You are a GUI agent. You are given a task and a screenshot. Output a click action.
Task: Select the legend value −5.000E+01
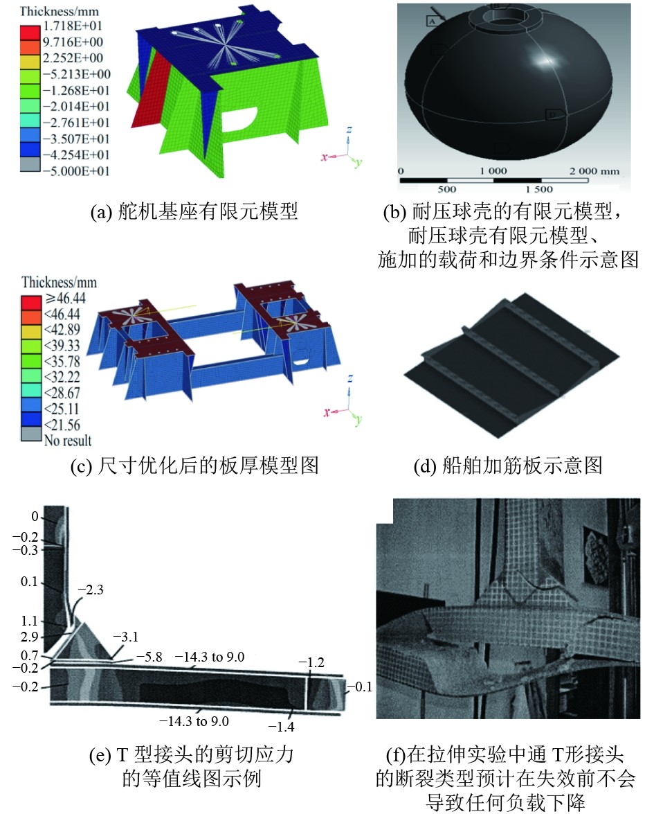[x=76, y=171]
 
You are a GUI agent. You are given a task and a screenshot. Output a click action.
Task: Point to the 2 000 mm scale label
[x=594, y=171]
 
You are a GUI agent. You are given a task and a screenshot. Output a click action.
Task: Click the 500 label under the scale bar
[x=446, y=190]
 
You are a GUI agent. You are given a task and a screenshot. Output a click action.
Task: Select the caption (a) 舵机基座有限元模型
[x=194, y=211]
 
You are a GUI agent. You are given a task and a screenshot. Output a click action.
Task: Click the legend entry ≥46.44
[x=65, y=298]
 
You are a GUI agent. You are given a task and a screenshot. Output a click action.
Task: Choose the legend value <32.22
[x=62, y=377]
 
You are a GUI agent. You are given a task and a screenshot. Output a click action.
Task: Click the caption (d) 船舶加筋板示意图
[x=508, y=465]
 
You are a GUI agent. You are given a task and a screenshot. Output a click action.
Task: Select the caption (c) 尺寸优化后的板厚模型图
[x=194, y=465]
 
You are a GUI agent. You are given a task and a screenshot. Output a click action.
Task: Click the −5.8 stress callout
[x=149, y=657]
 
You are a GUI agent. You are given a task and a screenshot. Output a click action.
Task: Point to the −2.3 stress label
[x=91, y=590]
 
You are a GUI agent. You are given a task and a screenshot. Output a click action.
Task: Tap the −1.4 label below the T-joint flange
[x=282, y=727]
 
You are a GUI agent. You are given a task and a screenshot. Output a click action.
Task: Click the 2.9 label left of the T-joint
[x=30, y=637]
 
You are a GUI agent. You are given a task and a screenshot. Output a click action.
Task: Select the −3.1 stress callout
[x=125, y=637]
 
